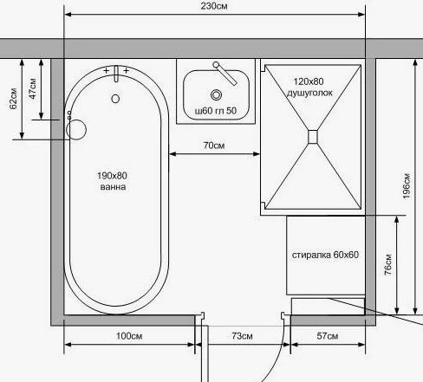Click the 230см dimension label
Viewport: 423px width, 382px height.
pyautogui.click(x=214, y=6)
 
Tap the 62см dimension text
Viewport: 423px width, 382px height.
pyautogui.click(x=14, y=99)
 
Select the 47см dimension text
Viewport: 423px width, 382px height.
pyautogui.click(x=33, y=88)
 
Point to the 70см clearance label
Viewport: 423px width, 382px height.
pyautogui.click(x=214, y=146)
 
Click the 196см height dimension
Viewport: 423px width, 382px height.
pyautogui.click(x=407, y=186)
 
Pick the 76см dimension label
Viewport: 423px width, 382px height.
pyautogui.click(x=388, y=264)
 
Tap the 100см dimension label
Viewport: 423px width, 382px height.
pyautogui.click(x=129, y=336)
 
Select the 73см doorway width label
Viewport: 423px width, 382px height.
pyautogui.click(x=242, y=336)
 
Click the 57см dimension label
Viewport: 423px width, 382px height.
pyautogui.click(x=328, y=336)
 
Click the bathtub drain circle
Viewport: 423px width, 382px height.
pyautogui.click(x=115, y=99)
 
